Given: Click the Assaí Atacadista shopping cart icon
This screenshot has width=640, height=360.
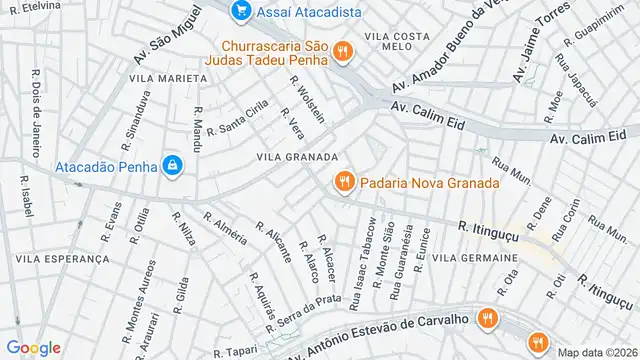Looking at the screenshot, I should (240, 12).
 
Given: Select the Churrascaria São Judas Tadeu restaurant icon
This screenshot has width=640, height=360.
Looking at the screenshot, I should (341, 51).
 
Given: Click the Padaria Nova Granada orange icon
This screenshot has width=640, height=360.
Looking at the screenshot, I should (343, 182).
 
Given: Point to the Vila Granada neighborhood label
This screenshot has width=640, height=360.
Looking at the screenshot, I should (297, 157).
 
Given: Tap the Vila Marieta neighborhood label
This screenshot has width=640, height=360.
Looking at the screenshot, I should (155, 78).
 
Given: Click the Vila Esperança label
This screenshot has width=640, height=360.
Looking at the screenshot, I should (62, 258).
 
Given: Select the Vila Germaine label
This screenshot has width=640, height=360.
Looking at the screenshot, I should (476, 258).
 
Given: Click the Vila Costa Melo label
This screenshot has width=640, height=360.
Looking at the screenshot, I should (397, 41).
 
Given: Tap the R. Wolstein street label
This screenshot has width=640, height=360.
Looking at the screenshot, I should (308, 99).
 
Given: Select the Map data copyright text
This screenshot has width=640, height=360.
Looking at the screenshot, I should (596, 352).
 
